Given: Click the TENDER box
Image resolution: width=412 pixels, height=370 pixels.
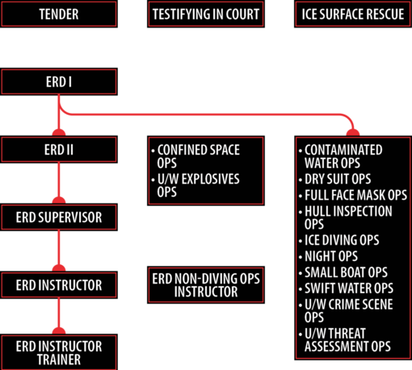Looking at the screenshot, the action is tap(59, 14).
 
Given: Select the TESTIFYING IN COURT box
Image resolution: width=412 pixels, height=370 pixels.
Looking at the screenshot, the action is tap(206, 14).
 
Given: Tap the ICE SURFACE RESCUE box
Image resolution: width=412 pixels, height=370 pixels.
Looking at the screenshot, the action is tap(353, 14).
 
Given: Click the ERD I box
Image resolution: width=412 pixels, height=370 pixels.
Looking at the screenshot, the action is tap(59, 82).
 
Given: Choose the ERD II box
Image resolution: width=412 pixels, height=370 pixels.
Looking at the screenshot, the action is tap(59, 149).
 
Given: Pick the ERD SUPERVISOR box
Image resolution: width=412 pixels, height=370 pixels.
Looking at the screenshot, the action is tap(59, 217).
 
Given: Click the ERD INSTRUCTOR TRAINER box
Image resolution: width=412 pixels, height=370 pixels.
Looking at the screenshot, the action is tap(59, 352).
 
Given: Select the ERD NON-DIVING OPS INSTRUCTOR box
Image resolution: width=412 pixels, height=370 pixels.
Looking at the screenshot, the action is tap(206, 285).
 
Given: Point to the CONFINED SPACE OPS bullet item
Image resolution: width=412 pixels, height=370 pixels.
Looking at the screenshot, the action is tap(195, 157).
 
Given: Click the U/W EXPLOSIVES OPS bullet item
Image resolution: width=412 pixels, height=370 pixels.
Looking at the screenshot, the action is tap(195, 186).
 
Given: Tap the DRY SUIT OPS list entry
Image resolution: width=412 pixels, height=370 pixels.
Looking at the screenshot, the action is tap(335, 179).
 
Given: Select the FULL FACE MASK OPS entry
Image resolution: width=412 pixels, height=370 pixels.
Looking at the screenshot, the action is tap(353, 196).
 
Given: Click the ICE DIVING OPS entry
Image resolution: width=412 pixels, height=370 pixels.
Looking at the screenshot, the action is tap(339, 240).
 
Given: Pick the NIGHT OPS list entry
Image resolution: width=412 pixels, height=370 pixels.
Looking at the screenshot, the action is tap(328, 256).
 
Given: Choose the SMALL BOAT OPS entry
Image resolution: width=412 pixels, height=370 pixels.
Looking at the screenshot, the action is tap(343, 272).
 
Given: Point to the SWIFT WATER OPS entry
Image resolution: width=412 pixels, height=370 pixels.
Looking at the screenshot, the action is tap(347, 288).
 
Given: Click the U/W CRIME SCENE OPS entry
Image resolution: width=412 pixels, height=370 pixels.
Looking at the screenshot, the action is tap(346, 311).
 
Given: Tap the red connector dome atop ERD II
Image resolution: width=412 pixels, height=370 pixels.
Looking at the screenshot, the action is tap(59, 132).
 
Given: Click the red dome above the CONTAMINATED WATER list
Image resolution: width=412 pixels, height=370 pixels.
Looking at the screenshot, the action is tap(353, 132).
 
